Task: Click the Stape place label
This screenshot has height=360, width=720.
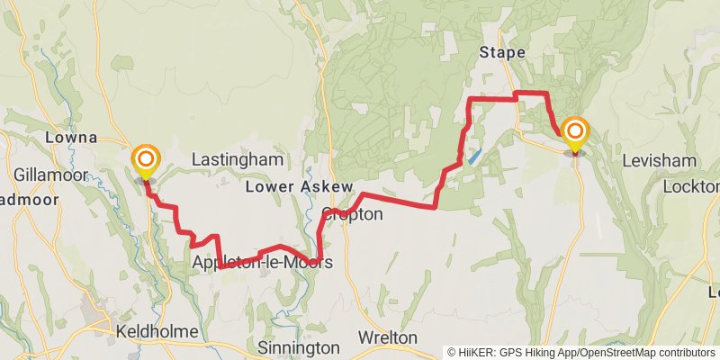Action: pyautogui.click(x=502, y=52)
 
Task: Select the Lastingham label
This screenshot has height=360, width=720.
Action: pyautogui.click(x=238, y=159)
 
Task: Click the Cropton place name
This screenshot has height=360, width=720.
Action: pyautogui.click(x=353, y=214)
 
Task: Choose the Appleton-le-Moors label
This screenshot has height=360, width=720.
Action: pyautogui.click(x=262, y=262)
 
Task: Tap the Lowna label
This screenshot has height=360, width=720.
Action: pyautogui.click(x=70, y=138)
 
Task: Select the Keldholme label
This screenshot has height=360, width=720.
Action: pyautogui.click(x=157, y=332)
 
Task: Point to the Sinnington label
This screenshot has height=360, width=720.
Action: pyautogui.click(x=299, y=347)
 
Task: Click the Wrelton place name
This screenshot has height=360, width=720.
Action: pyautogui.click(x=388, y=337)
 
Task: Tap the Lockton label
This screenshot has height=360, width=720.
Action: pyautogui.click(x=691, y=186)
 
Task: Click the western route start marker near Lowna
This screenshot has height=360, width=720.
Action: pyautogui.click(x=145, y=162)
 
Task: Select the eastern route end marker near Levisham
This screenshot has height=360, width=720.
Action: pyautogui.click(x=574, y=135)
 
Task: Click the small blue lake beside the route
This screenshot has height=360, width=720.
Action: pyautogui.click(x=473, y=155)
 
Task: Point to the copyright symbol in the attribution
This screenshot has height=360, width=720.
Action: pyautogui.click(x=452, y=352)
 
